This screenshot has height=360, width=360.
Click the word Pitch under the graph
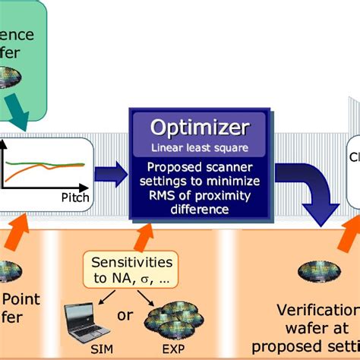tap(74, 197)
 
